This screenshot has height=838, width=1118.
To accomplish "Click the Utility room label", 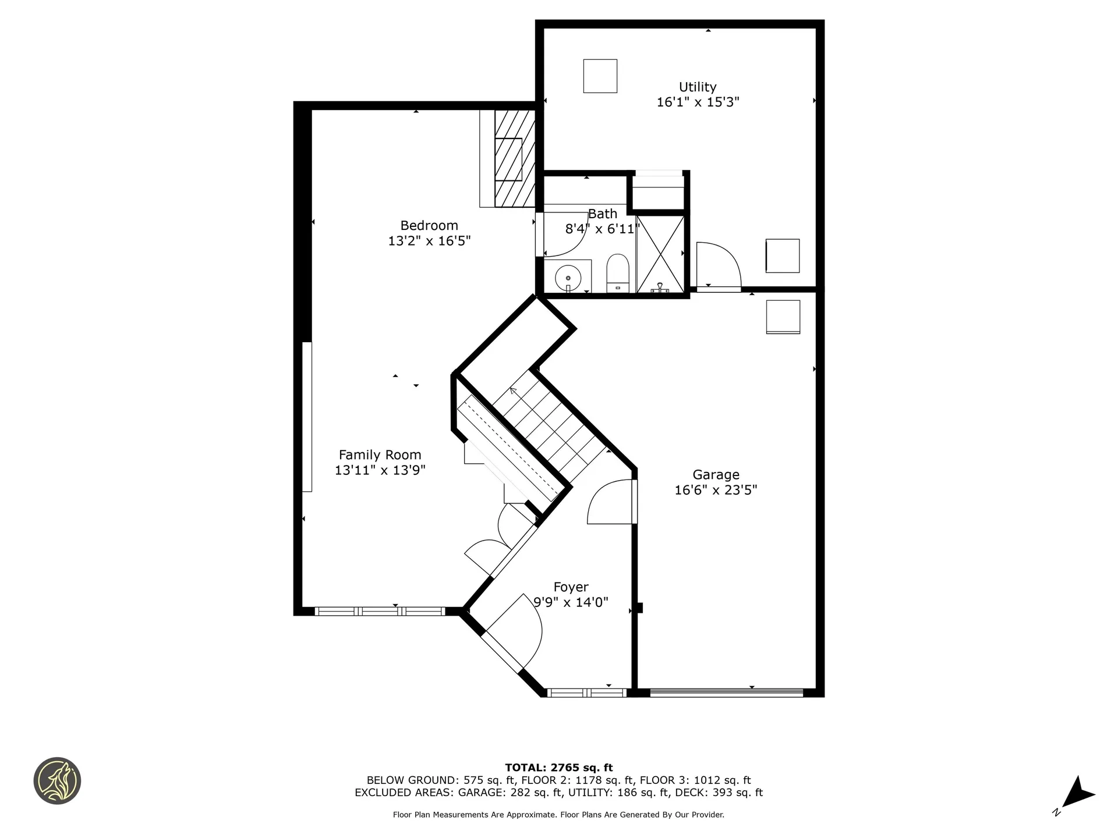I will (697, 87).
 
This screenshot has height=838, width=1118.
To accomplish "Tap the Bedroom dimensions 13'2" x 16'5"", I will (429, 241).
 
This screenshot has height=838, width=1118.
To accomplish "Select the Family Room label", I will (380, 455).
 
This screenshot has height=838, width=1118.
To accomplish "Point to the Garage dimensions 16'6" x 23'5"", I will (716, 490).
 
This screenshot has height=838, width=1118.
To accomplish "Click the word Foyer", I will (571, 587).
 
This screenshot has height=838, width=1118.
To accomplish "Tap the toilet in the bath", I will (618, 273).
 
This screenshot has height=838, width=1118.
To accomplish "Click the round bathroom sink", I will (568, 278).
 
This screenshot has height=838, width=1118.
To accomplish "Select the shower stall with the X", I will (660, 254).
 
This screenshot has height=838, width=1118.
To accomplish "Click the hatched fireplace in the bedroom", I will (514, 158).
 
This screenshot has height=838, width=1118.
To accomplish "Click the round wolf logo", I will (57, 781).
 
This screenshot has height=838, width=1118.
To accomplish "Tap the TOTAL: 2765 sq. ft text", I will (558, 768).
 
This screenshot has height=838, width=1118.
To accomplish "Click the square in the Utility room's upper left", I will (600, 76).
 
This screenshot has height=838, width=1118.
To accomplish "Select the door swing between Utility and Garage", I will (719, 267).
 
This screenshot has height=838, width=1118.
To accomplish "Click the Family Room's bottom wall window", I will (380, 611).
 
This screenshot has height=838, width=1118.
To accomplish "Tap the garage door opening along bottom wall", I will (726, 693).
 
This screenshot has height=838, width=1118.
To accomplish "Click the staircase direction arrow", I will (513, 390).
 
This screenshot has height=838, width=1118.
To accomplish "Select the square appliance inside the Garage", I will (783, 317).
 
